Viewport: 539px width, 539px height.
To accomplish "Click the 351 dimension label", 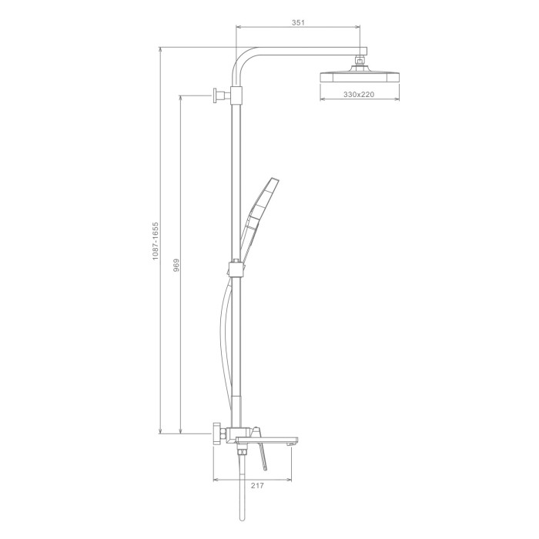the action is click(298, 23).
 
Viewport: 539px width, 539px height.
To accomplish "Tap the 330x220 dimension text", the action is click(359, 94).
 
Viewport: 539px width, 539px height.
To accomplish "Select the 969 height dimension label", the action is click(176, 266).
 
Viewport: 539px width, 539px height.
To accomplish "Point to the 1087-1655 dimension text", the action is click(156, 241).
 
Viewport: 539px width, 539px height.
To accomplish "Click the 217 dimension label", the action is click(257, 485).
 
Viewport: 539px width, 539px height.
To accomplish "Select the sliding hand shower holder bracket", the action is click(236, 269).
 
